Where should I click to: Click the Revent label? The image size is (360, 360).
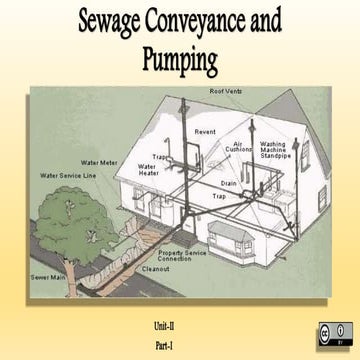pos(206,130)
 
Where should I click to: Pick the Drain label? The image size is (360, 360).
pos(228,184)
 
